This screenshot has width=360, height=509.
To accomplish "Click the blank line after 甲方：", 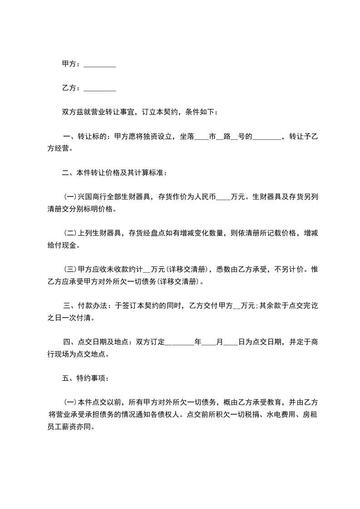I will [x=100, y=65].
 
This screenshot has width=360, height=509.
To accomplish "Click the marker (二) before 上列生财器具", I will [x=70, y=233].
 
